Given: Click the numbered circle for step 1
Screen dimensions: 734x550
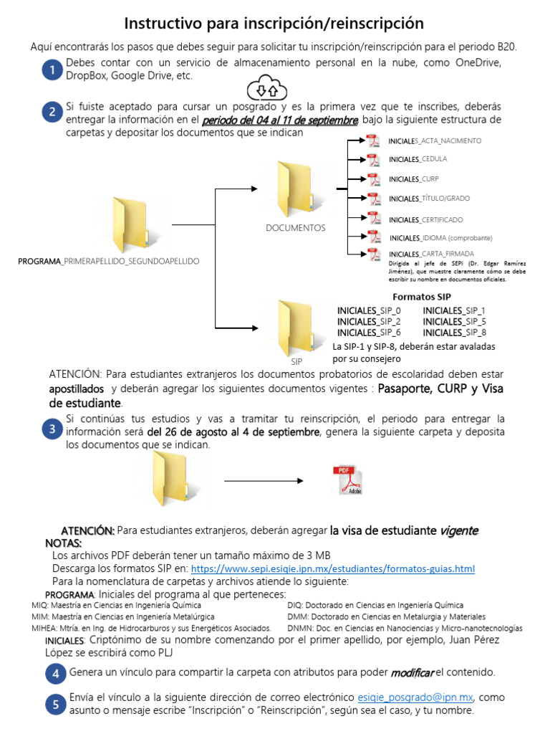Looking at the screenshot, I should [51, 70].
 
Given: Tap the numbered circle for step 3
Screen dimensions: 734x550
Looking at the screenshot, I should [51, 429].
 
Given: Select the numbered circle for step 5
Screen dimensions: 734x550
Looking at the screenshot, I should [55, 705].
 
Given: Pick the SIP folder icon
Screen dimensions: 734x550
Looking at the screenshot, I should [294, 327].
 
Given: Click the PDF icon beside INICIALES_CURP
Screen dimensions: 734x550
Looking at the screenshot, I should [373, 179].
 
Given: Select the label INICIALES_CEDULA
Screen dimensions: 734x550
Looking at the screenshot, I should [418, 158].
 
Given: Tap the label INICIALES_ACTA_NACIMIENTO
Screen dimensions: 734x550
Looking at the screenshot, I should [435, 140].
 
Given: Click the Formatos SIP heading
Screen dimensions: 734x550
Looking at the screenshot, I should [422, 297].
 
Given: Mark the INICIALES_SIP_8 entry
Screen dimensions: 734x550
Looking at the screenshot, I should [455, 333].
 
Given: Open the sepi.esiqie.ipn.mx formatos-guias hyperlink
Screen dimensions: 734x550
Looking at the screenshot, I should [333, 568].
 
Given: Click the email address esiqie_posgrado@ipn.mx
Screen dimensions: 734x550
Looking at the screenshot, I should [415, 697].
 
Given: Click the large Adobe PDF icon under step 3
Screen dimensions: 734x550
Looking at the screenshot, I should [349, 480].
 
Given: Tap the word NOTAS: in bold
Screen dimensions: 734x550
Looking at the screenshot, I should [63, 543].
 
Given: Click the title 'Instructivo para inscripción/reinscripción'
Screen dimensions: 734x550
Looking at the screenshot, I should [274, 24].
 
